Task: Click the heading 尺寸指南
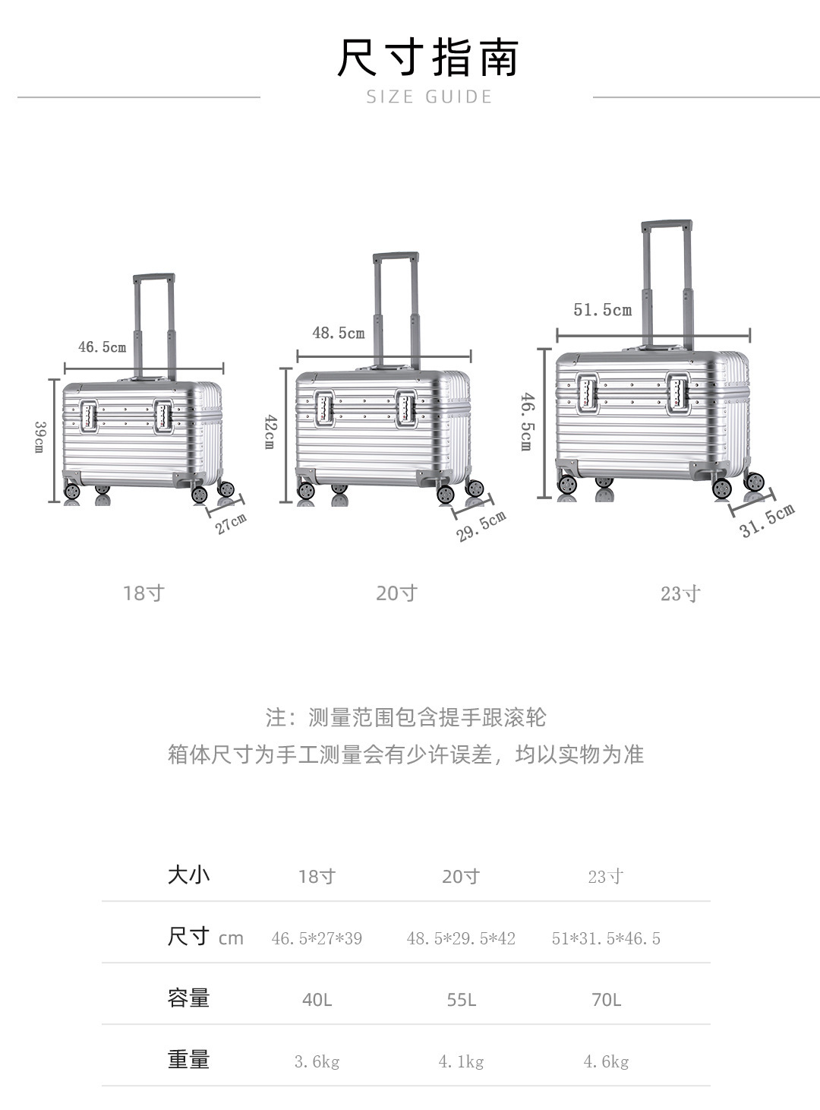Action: [x=427, y=58]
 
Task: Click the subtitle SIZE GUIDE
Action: [x=429, y=96]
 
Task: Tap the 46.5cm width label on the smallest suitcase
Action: [x=102, y=347]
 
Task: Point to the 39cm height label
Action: [x=39, y=437]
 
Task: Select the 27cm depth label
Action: [x=231, y=523]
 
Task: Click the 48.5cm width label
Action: [x=339, y=333]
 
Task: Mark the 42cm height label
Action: [x=269, y=432]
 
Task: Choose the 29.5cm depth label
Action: [x=481, y=527]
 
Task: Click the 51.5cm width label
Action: [x=602, y=310]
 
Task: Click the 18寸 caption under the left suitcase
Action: [x=143, y=593]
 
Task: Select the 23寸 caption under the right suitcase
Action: [x=680, y=593]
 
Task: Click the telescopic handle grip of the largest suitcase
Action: [x=667, y=226]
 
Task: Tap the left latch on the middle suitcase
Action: [x=325, y=409]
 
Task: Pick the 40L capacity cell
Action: [x=317, y=999]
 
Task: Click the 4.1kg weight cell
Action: [x=461, y=1061]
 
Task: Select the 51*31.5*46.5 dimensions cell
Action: [x=606, y=938]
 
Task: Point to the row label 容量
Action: [x=188, y=998]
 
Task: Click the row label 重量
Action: [x=188, y=1059]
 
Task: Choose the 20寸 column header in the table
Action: [x=461, y=876]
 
